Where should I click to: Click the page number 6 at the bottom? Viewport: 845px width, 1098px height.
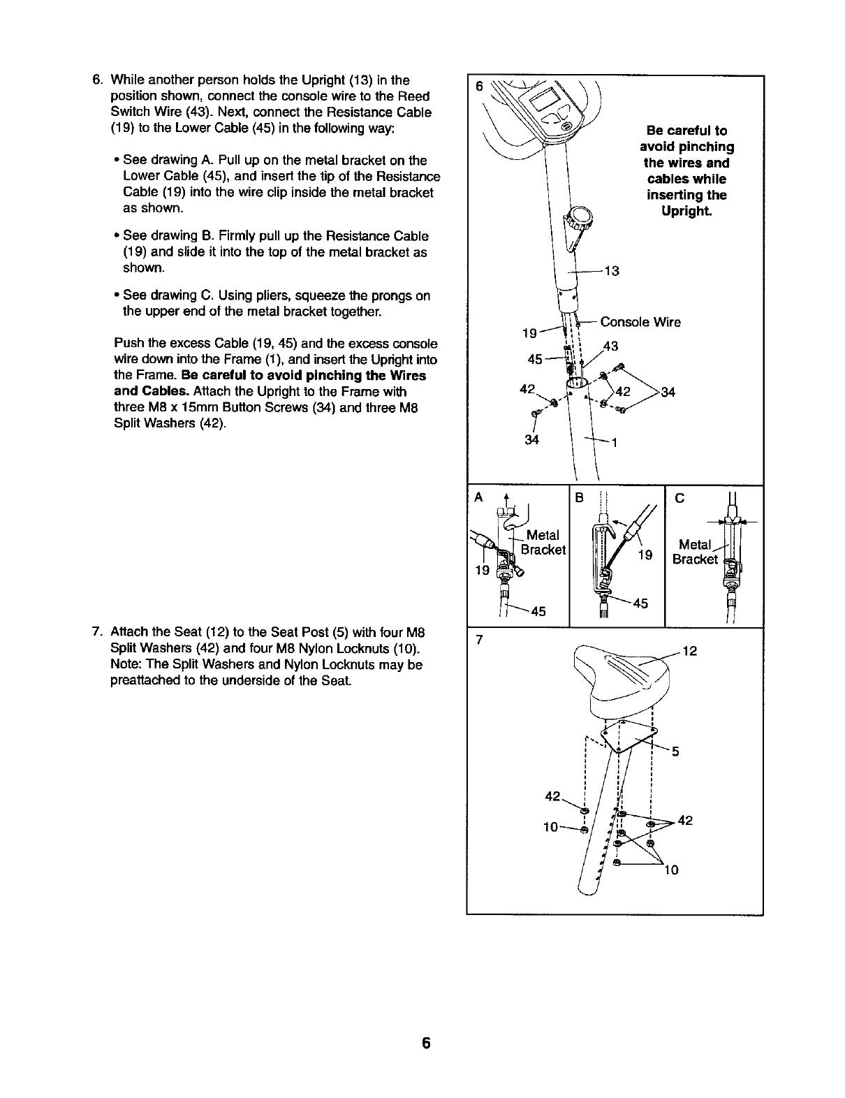click(425, 1044)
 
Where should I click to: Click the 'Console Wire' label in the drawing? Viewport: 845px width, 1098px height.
click(640, 322)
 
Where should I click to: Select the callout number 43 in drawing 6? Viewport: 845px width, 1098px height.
click(610, 346)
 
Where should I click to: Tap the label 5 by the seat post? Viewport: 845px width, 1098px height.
click(675, 752)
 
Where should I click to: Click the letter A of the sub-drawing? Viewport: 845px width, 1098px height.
click(478, 497)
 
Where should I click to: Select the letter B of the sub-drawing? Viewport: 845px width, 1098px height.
click(578, 497)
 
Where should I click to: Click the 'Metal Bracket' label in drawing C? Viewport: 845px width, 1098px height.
click(696, 552)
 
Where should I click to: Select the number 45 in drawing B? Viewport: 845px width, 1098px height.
click(640, 603)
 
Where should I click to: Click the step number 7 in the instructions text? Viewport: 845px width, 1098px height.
click(96, 633)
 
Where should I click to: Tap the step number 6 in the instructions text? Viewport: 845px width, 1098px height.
click(96, 80)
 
